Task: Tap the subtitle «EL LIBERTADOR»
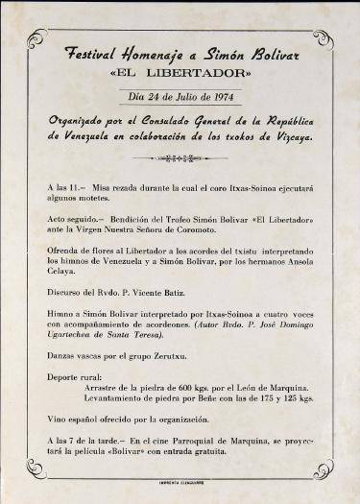(x=180, y=73)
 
